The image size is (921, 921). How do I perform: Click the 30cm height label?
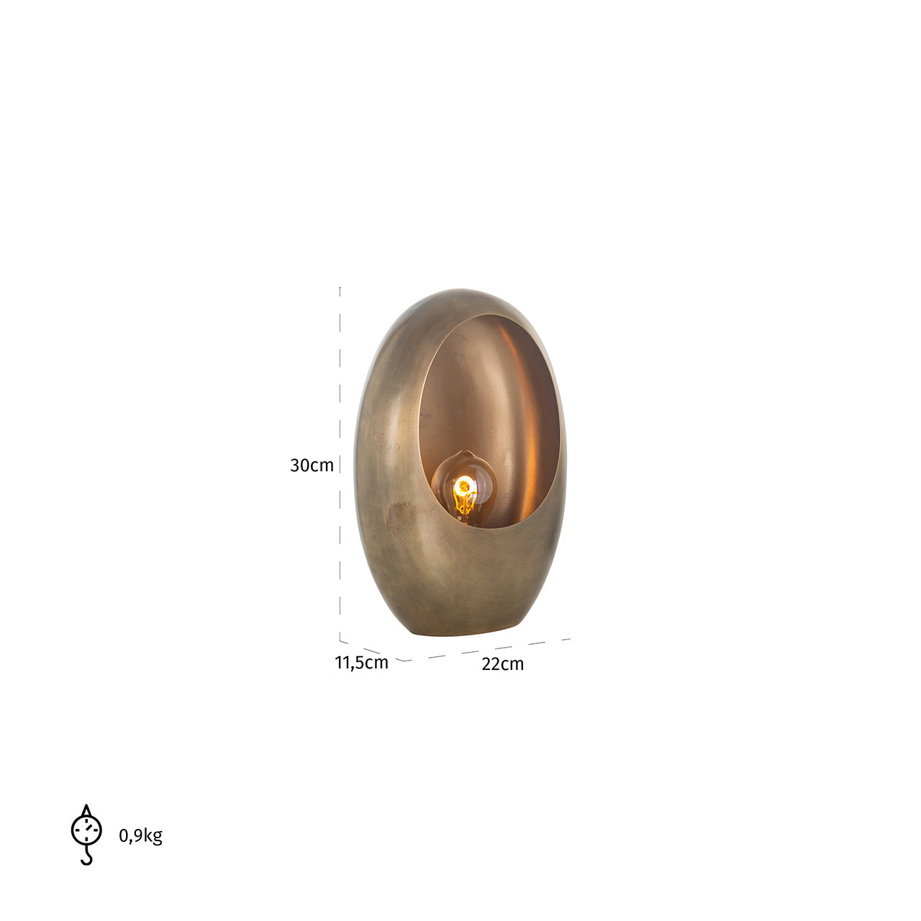pyautogui.click(x=312, y=465)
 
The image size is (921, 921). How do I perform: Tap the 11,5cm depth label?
pyautogui.click(x=361, y=663)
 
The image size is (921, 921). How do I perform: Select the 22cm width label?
pyautogui.click(x=502, y=664)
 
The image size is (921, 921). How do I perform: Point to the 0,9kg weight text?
pyautogui.click(x=140, y=835)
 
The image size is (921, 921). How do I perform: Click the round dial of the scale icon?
pyautogui.click(x=86, y=830)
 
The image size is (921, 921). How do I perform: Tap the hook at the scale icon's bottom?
pyautogui.click(x=86, y=858)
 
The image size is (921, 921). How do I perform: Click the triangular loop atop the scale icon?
pyautogui.click(x=86, y=810)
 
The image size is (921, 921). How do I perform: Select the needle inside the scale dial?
pyautogui.click(x=88, y=828)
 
